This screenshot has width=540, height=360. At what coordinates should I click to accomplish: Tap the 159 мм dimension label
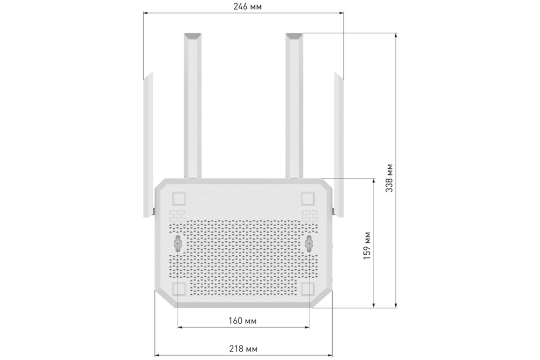click(x=367, y=245)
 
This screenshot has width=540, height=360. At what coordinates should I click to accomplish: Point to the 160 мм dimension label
click(x=242, y=321)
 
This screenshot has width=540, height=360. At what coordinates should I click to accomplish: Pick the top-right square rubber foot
click(x=308, y=199)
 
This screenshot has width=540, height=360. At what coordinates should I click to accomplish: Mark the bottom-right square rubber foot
click(x=308, y=289)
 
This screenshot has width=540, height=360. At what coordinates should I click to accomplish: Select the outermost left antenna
click(x=147, y=146)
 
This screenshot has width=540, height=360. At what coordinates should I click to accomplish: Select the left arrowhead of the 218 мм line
click(x=157, y=355)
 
